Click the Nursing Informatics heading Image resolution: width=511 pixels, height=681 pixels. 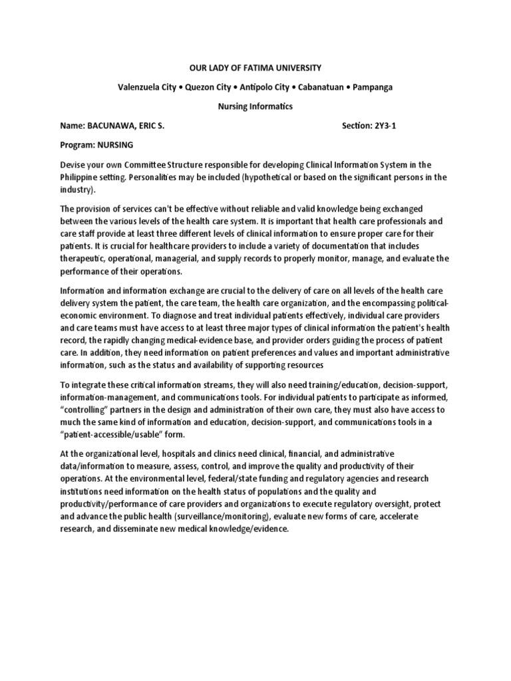pyautogui.click(x=255, y=106)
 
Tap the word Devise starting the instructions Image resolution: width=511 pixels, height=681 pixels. pyautogui.click(x=75, y=164)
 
